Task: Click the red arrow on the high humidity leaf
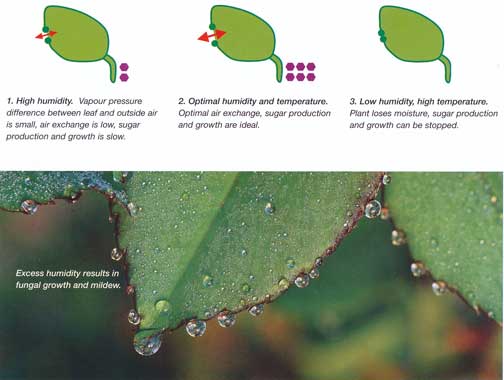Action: pos(46,35)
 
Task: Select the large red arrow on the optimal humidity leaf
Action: pos(212,36)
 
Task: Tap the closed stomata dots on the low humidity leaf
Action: pos(382,36)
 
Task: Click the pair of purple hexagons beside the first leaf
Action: pos(124,72)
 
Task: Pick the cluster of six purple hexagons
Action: pos(300,72)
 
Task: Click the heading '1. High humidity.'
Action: pos(40,101)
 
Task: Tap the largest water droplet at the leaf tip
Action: pos(147,344)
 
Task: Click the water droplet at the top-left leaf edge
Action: pos(29,207)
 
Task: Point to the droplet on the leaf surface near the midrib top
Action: pos(269,209)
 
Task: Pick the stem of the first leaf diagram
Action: pos(112,69)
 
